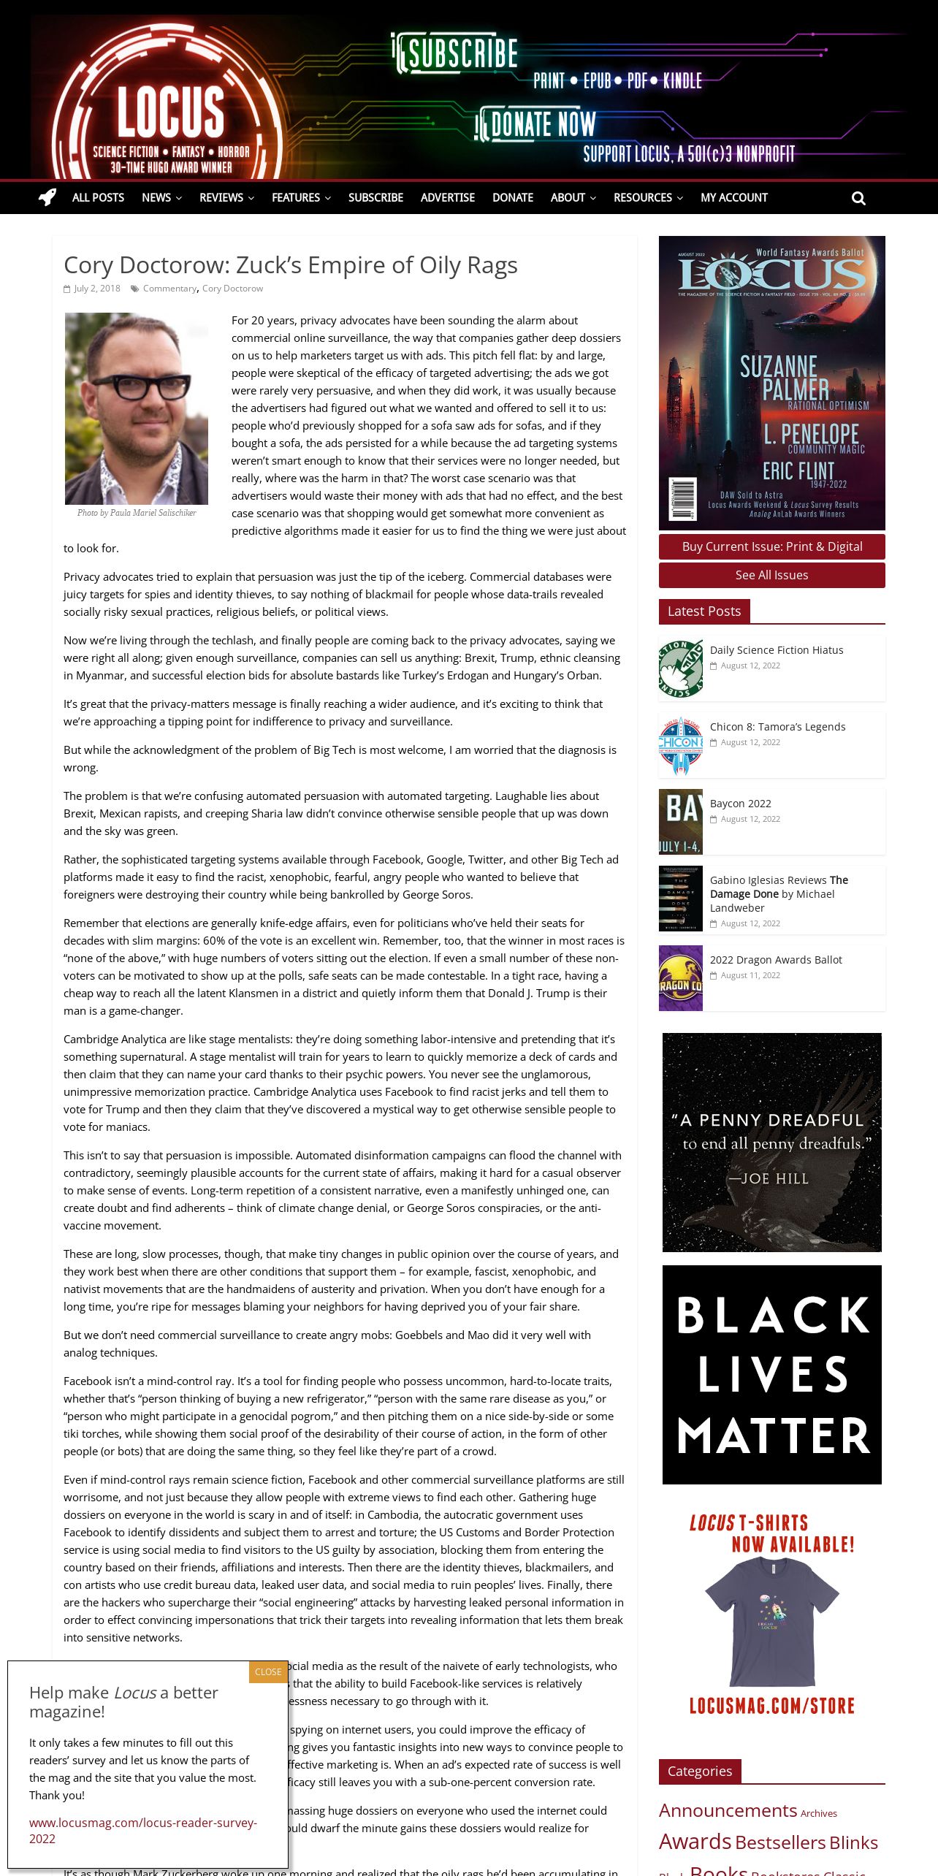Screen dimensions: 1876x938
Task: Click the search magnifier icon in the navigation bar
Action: coord(858,198)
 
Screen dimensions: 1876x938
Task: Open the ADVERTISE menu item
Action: coord(447,198)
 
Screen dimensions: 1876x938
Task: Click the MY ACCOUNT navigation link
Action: coord(733,198)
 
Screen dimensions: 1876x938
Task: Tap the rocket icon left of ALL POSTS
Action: coord(47,197)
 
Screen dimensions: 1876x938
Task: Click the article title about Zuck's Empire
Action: coord(290,264)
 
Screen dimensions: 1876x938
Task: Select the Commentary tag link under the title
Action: coord(169,289)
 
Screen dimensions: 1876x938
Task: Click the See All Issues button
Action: coord(771,575)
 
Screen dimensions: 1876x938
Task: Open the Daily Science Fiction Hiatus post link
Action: coord(776,650)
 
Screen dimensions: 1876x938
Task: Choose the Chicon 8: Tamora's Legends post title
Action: coord(777,727)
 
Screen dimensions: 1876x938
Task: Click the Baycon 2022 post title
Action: coord(740,804)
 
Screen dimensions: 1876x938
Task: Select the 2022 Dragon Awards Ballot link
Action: coord(776,960)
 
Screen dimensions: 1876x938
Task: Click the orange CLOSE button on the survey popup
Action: coord(268,1672)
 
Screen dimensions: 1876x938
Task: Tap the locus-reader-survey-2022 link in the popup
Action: coord(142,1830)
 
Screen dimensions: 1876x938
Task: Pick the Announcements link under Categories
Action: coord(728,1810)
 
